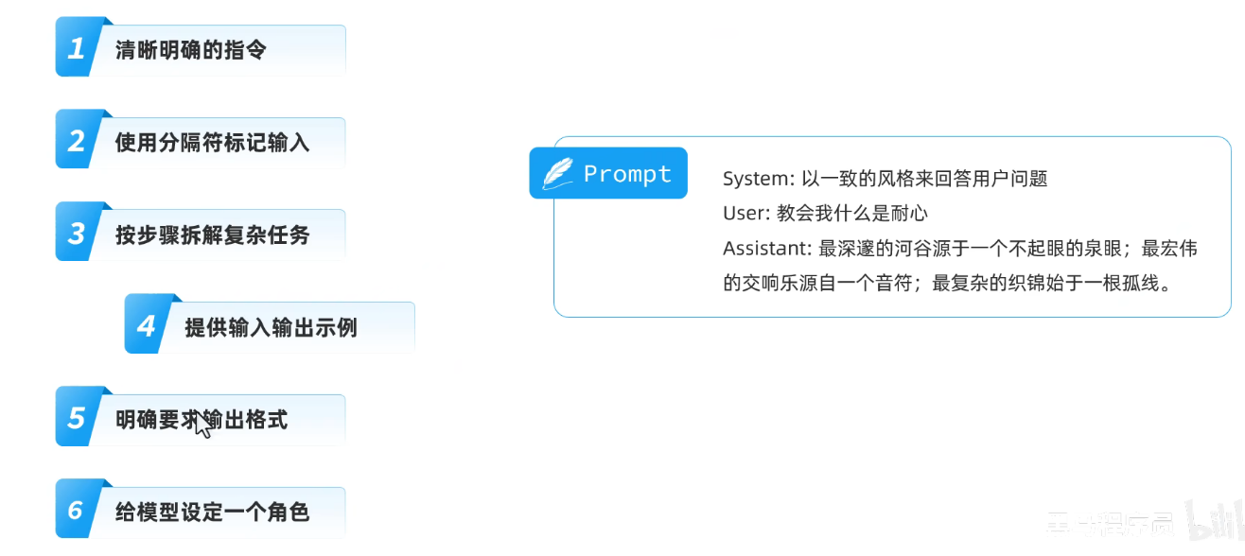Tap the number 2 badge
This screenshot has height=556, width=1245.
pos(77,142)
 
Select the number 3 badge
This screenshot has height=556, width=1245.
pos(77,235)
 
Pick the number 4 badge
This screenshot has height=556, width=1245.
pos(146,327)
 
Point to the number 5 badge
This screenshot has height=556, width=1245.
pos(77,419)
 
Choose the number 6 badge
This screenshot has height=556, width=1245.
pos(77,512)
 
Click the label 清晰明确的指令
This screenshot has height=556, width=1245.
pos(190,50)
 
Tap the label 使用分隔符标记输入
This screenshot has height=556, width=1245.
pos(212,143)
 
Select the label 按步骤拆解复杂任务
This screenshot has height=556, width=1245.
pos(212,235)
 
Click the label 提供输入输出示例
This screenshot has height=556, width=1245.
pos(271,328)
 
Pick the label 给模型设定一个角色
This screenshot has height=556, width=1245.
pos(212,513)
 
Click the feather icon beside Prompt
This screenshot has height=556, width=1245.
pos(557,174)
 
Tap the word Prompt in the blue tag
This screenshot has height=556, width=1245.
pos(627,174)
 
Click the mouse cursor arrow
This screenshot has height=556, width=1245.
pos(202,425)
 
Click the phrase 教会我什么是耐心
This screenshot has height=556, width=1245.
pos(852,214)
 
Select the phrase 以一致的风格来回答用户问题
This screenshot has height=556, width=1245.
pos(924,179)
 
